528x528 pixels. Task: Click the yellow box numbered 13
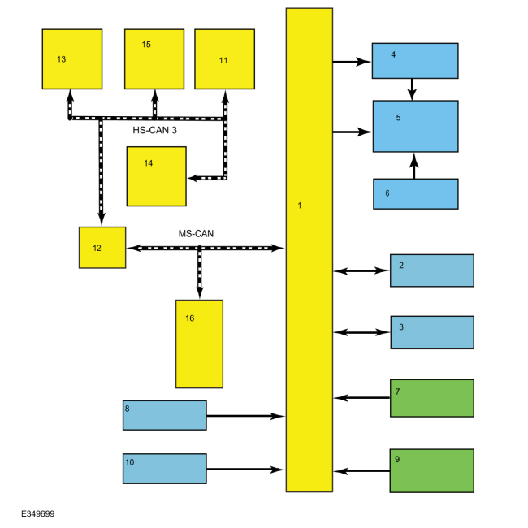click(x=72, y=59)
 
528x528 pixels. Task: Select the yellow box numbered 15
click(x=154, y=59)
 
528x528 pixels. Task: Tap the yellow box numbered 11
click(x=224, y=59)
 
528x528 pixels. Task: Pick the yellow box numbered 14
click(x=157, y=176)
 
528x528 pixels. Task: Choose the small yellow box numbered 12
click(x=102, y=248)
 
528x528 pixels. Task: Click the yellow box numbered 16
click(x=199, y=344)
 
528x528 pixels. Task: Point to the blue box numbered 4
click(x=415, y=61)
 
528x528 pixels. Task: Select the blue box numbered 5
click(x=416, y=126)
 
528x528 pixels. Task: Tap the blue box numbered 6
click(x=416, y=194)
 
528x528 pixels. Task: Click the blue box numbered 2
click(x=432, y=270)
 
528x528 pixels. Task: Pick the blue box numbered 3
click(x=432, y=332)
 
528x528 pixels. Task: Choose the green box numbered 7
click(x=432, y=398)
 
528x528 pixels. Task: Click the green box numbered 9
click(x=432, y=471)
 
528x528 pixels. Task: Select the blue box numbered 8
click(x=165, y=415)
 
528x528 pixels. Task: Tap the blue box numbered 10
click(x=165, y=469)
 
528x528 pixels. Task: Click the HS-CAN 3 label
click(x=154, y=130)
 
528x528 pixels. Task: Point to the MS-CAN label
click(x=196, y=234)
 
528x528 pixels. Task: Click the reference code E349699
click(x=37, y=513)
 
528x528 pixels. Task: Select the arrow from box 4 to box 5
click(x=412, y=89)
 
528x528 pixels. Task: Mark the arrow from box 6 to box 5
click(x=414, y=166)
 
